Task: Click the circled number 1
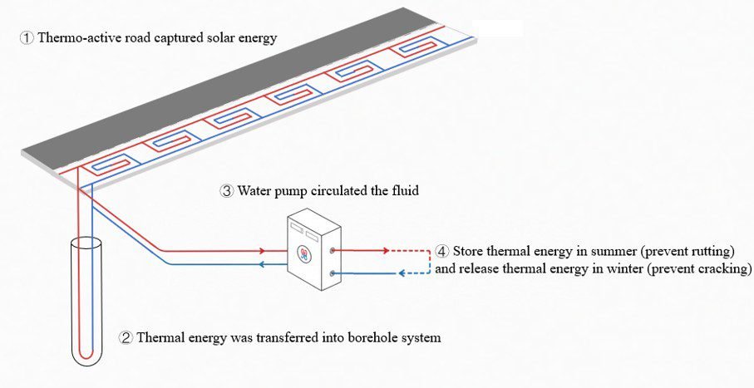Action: point(27,38)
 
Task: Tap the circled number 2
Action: point(126,337)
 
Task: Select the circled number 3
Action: point(227,191)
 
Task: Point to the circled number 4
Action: point(442,252)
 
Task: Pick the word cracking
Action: point(724,268)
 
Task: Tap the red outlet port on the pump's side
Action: point(333,250)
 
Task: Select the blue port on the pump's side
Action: point(333,273)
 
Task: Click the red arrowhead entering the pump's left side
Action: point(262,250)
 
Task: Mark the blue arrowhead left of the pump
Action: point(262,264)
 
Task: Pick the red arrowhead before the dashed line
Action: point(386,250)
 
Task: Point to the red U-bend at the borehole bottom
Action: point(86,353)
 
